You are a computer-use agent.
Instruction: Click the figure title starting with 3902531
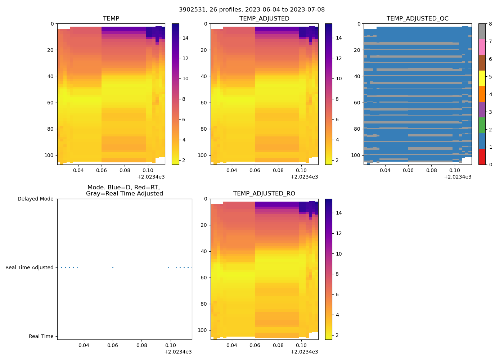[x=252, y=10]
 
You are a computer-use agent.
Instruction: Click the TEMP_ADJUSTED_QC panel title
[x=417, y=19]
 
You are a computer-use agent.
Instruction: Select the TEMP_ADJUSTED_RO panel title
[x=264, y=194]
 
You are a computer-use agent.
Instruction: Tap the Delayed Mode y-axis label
[x=35, y=199]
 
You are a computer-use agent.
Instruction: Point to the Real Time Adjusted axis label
[x=29, y=267]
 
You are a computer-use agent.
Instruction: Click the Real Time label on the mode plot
[x=41, y=336]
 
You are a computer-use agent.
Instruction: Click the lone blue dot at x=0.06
[x=113, y=267]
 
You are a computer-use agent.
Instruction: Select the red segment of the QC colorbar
[x=482, y=157]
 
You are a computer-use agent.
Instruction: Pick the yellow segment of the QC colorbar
[x=482, y=78]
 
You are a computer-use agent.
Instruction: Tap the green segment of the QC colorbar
[x=482, y=125]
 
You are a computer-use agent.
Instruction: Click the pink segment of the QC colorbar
[x=482, y=47]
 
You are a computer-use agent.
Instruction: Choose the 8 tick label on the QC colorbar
[x=490, y=24]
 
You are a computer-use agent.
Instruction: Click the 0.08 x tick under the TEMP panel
[x=125, y=170]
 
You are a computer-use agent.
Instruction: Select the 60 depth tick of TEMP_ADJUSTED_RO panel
[x=204, y=278]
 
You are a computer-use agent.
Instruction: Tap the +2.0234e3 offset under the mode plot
[x=178, y=352]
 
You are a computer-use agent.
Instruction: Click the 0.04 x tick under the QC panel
[x=385, y=170]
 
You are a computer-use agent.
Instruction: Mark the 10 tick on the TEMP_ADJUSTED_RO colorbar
[x=338, y=254]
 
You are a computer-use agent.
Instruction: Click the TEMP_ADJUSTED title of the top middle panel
[x=264, y=19]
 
